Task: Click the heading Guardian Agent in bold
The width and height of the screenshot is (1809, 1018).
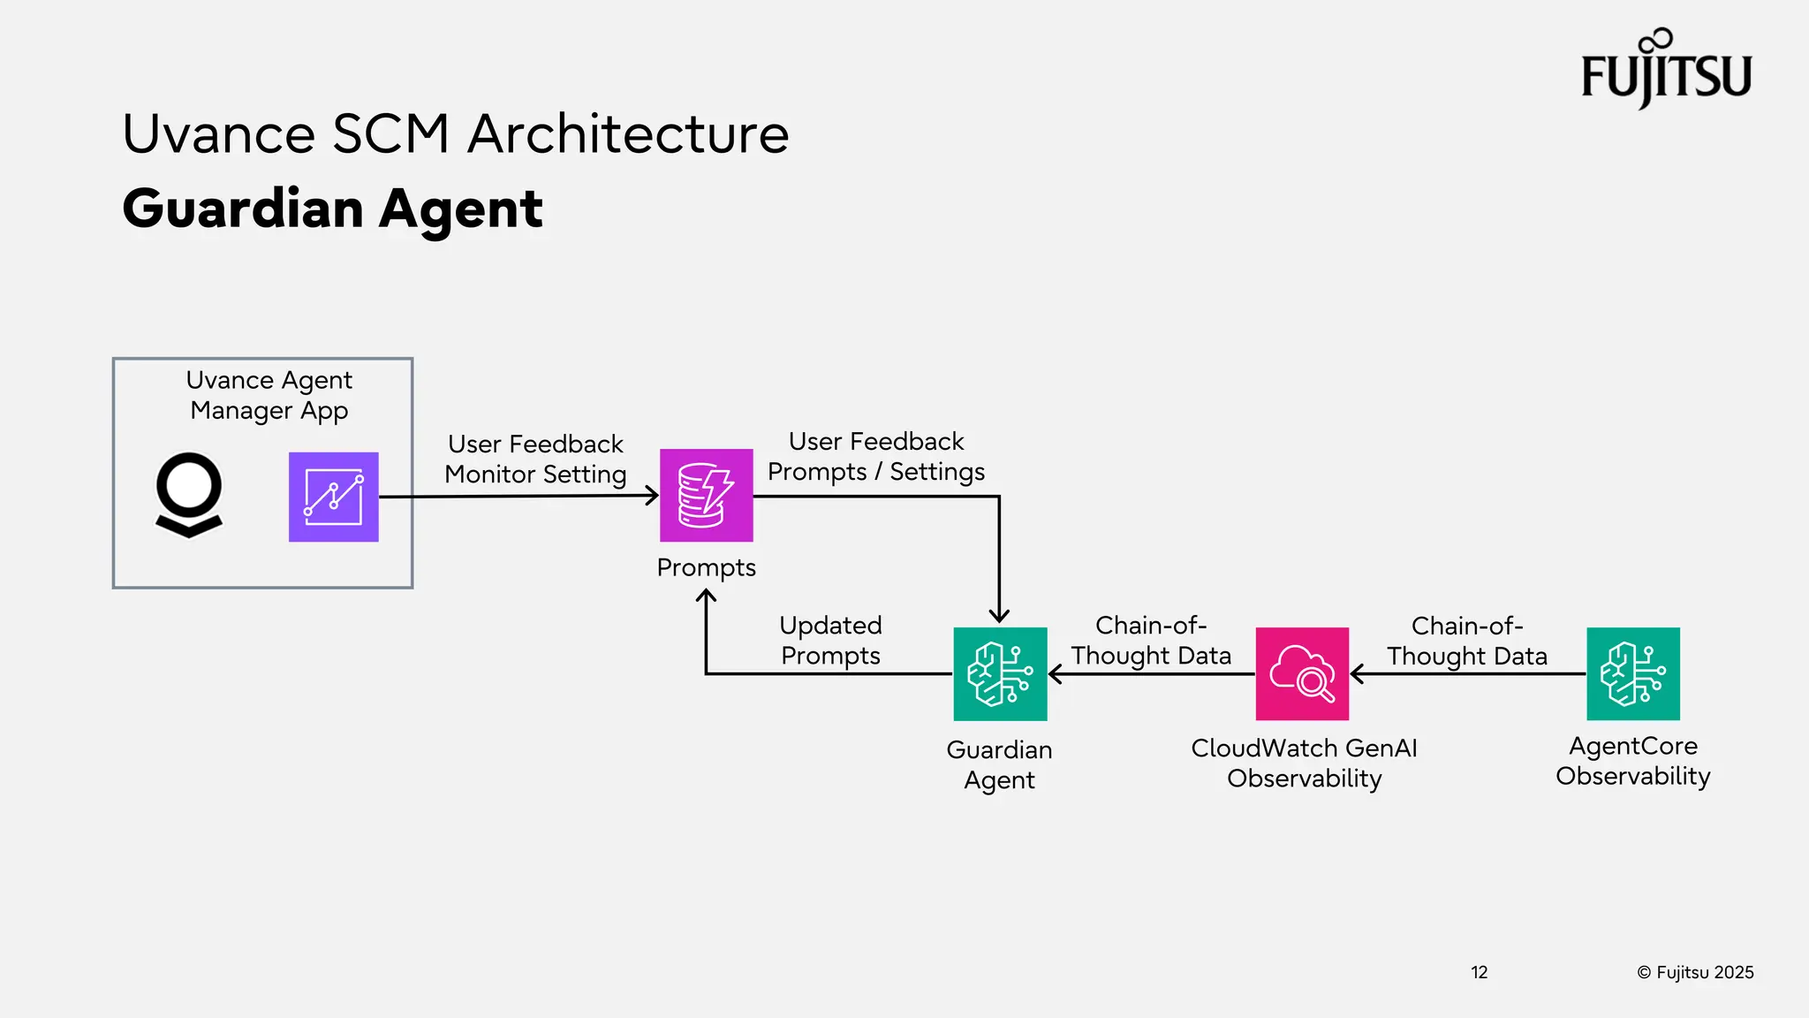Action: click(x=332, y=209)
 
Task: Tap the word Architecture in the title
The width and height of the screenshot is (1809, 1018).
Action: click(x=628, y=134)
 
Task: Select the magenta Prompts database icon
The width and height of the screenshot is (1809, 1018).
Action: click(x=706, y=495)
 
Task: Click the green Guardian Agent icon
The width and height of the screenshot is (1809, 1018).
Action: click(x=1000, y=673)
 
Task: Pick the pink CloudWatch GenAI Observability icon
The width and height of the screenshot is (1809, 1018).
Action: click(x=1302, y=673)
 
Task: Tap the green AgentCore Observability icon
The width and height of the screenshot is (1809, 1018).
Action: click(x=1632, y=673)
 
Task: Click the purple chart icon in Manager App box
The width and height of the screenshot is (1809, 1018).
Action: click(x=333, y=497)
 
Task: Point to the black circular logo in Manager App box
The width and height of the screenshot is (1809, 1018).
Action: click(x=189, y=493)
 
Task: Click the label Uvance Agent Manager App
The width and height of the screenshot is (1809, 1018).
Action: click(x=269, y=395)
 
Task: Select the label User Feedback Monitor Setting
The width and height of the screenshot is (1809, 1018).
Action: click(x=535, y=459)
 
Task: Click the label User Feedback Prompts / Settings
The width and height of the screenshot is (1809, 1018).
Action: click(x=876, y=456)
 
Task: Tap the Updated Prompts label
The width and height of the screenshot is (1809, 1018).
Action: click(x=830, y=640)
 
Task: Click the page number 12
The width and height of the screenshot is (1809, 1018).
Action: click(x=1480, y=972)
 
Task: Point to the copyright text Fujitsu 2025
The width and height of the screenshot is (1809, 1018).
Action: click(x=1695, y=972)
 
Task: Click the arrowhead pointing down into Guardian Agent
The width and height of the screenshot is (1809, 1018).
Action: click(x=999, y=617)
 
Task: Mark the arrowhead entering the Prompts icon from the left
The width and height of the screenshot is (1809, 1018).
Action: click(x=653, y=496)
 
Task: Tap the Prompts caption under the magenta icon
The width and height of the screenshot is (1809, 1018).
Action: click(x=706, y=567)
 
